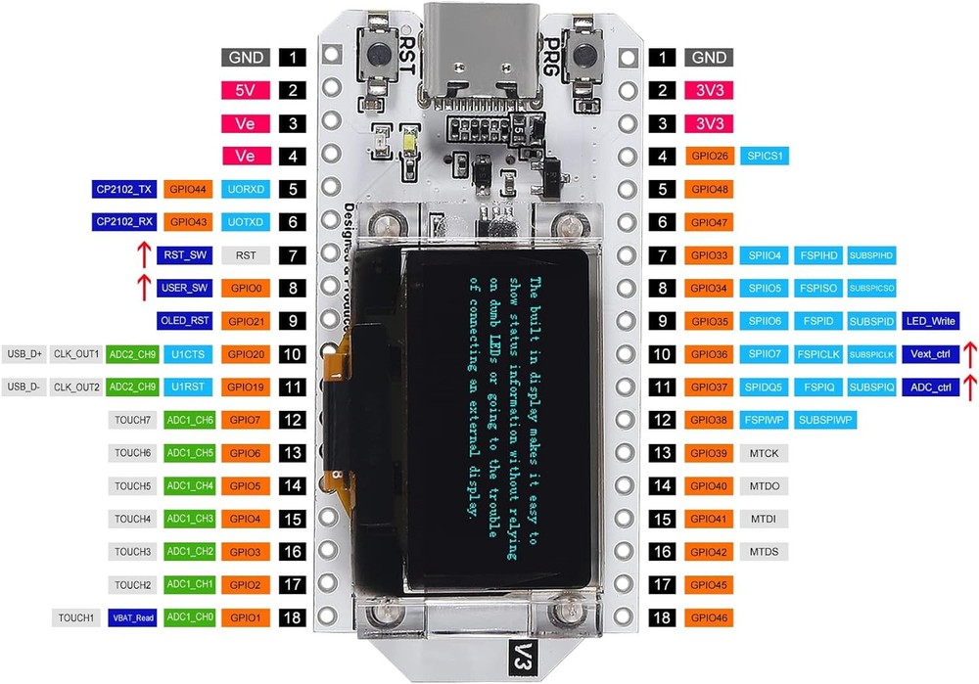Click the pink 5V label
[x=246, y=91]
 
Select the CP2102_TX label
[x=124, y=189]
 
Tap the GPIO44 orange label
[x=188, y=189]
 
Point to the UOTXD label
[x=246, y=222]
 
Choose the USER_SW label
[x=184, y=289]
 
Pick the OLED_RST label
[x=184, y=321]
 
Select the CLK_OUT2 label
[x=76, y=387]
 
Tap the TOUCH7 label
[x=132, y=420]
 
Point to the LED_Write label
[x=930, y=321]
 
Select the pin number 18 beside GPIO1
[x=292, y=618]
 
